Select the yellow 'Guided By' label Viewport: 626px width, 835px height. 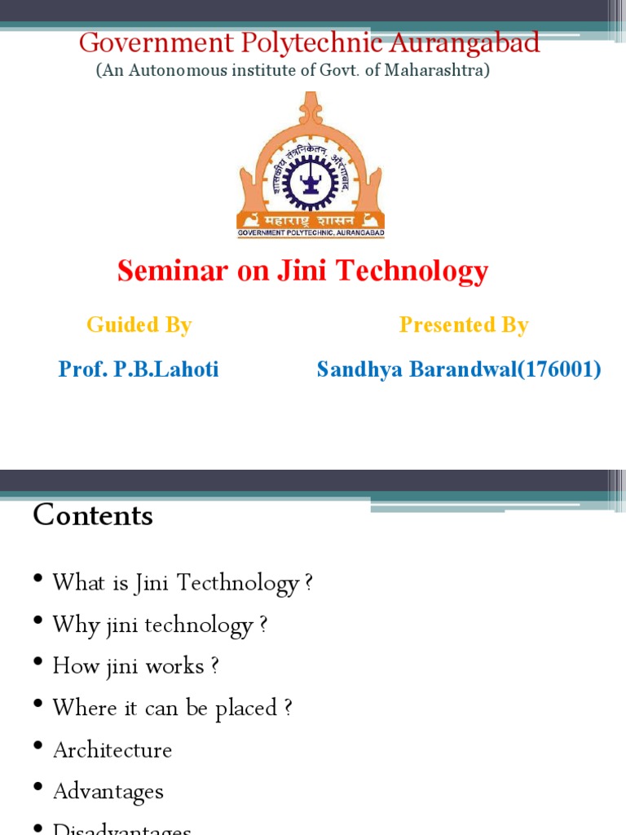[x=139, y=325]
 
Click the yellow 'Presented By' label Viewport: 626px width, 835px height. [x=464, y=325]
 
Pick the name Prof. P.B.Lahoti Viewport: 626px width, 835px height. [x=139, y=369]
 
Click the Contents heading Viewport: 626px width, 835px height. [x=93, y=515]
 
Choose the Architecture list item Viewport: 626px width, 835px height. [x=112, y=750]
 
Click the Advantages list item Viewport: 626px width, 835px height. [x=108, y=792]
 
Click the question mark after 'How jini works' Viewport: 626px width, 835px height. [x=214, y=666]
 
